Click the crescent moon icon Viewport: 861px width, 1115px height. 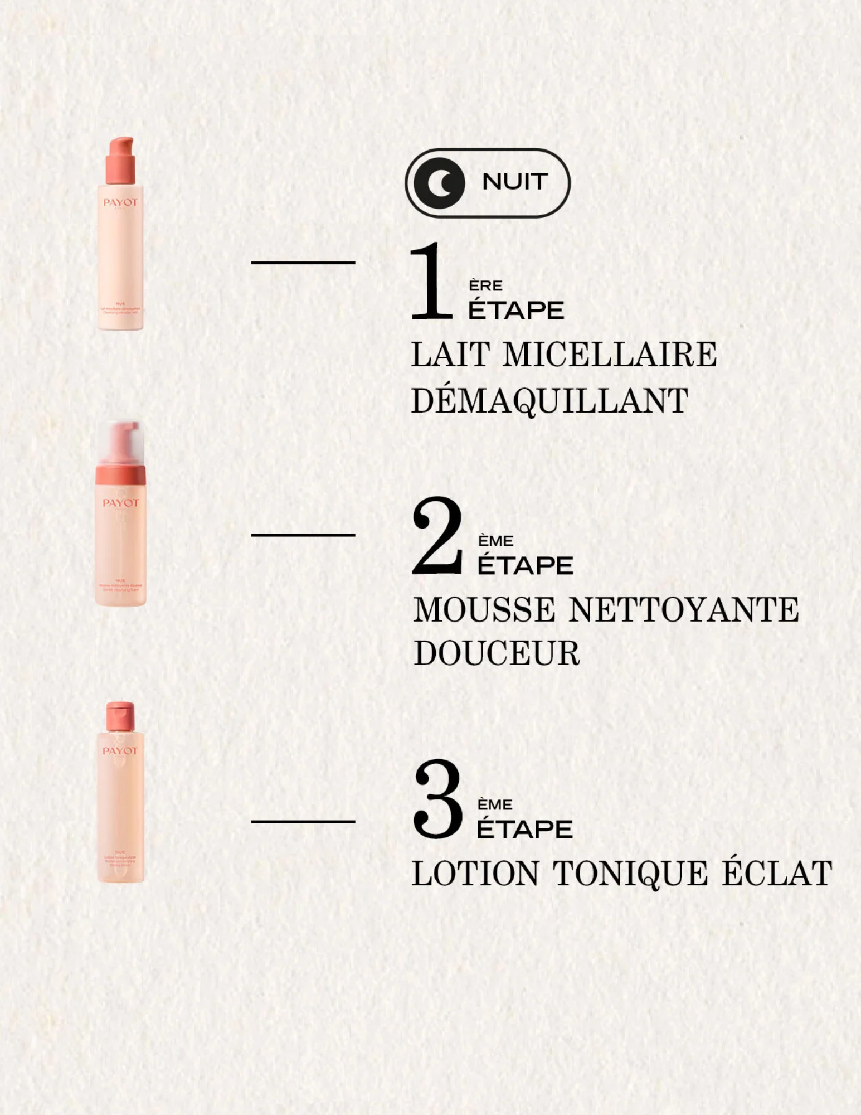tap(440, 183)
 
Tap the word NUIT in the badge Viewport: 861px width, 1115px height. tap(514, 182)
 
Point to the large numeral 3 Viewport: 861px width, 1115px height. tap(438, 798)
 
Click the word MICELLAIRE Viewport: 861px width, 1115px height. tap(610, 355)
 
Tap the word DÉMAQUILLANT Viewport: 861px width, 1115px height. tap(549, 400)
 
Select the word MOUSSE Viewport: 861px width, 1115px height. tap(484, 609)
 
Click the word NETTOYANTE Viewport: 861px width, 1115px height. tap(684, 609)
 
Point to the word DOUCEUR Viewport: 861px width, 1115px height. tap(497, 653)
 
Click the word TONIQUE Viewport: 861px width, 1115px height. tap(630, 873)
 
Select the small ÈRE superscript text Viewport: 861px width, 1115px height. tap(485, 286)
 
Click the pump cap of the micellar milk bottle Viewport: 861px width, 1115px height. tap(121, 159)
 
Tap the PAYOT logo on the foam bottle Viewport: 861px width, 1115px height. tap(120, 503)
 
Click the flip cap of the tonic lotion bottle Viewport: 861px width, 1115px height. tap(120, 716)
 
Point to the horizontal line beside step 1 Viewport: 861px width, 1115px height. tap(303, 263)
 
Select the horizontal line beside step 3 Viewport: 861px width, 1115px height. tap(303, 821)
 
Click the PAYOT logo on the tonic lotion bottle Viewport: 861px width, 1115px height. tap(120, 751)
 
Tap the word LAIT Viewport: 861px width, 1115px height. tap(450, 355)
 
